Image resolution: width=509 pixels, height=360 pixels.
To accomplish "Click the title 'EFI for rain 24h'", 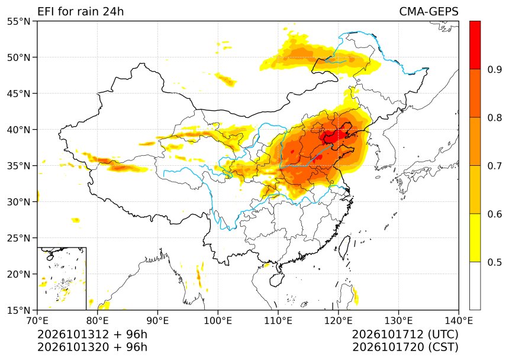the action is [80, 12].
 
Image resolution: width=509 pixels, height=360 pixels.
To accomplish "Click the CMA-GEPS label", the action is [429, 12].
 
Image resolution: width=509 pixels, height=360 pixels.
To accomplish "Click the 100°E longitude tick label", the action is [218, 321].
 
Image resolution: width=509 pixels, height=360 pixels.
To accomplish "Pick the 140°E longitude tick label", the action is [458, 321].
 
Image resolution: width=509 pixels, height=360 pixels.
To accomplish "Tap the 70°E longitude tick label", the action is [37, 321].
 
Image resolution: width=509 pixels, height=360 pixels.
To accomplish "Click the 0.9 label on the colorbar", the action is [495, 69].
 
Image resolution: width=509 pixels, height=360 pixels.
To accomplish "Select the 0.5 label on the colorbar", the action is [495, 262].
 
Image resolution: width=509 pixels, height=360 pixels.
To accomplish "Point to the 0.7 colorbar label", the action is [495, 166].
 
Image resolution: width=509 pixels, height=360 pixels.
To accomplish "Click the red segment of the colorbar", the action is [475, 45].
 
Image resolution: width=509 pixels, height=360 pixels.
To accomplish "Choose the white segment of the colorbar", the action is [475, 286].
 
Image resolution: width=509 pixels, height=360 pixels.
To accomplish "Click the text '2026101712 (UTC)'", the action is [405, 334].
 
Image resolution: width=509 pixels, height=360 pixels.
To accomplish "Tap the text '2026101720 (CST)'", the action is [405, 347].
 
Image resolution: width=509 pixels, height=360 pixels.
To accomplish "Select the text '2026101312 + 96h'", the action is [92, 334].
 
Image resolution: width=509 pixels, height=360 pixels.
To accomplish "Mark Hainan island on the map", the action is [277, 279].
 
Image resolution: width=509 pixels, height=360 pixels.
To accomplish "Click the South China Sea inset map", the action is [62, 278].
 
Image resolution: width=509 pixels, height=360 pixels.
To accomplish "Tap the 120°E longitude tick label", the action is [338, 321].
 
